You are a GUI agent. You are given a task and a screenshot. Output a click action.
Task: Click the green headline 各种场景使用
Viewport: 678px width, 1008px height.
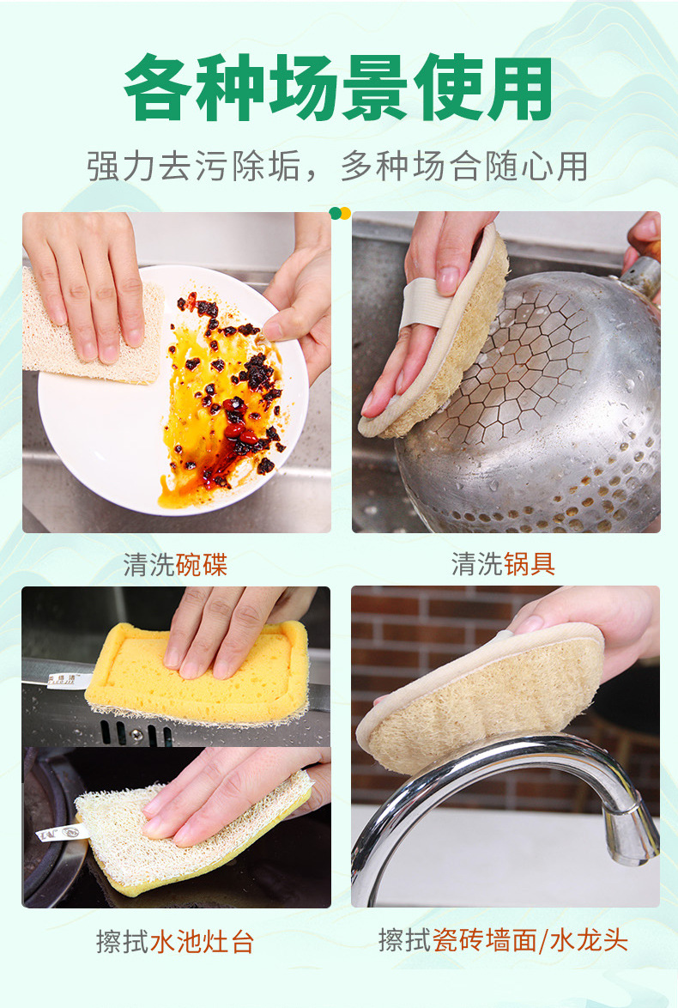point(338,88)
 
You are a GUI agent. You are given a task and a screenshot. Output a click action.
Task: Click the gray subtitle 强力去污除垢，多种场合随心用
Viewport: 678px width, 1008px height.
point(338,167)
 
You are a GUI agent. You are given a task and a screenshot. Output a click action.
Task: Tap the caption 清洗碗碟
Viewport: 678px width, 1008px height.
point(175,565)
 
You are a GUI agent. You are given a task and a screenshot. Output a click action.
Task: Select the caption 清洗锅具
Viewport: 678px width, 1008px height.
point(503,564)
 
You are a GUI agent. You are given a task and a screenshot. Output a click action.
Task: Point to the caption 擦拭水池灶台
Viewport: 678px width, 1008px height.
point(175,942)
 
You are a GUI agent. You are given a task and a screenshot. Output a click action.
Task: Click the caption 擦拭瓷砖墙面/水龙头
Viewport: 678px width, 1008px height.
point(503,940)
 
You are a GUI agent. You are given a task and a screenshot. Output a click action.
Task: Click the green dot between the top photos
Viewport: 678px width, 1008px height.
point(335,213)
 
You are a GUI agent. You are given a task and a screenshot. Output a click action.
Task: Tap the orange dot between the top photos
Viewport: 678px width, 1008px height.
point(345,214)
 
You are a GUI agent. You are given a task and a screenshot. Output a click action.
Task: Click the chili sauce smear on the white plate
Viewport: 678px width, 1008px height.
point(221,398)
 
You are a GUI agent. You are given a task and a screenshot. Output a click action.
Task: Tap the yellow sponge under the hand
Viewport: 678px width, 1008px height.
point(193,671)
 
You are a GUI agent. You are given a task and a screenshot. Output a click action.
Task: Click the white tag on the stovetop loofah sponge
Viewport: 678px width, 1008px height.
point(61,833)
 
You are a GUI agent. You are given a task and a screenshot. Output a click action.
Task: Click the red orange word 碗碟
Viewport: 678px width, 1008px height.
point(202,565)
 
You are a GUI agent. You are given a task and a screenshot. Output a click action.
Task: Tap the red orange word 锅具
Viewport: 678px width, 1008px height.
point(530,564)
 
